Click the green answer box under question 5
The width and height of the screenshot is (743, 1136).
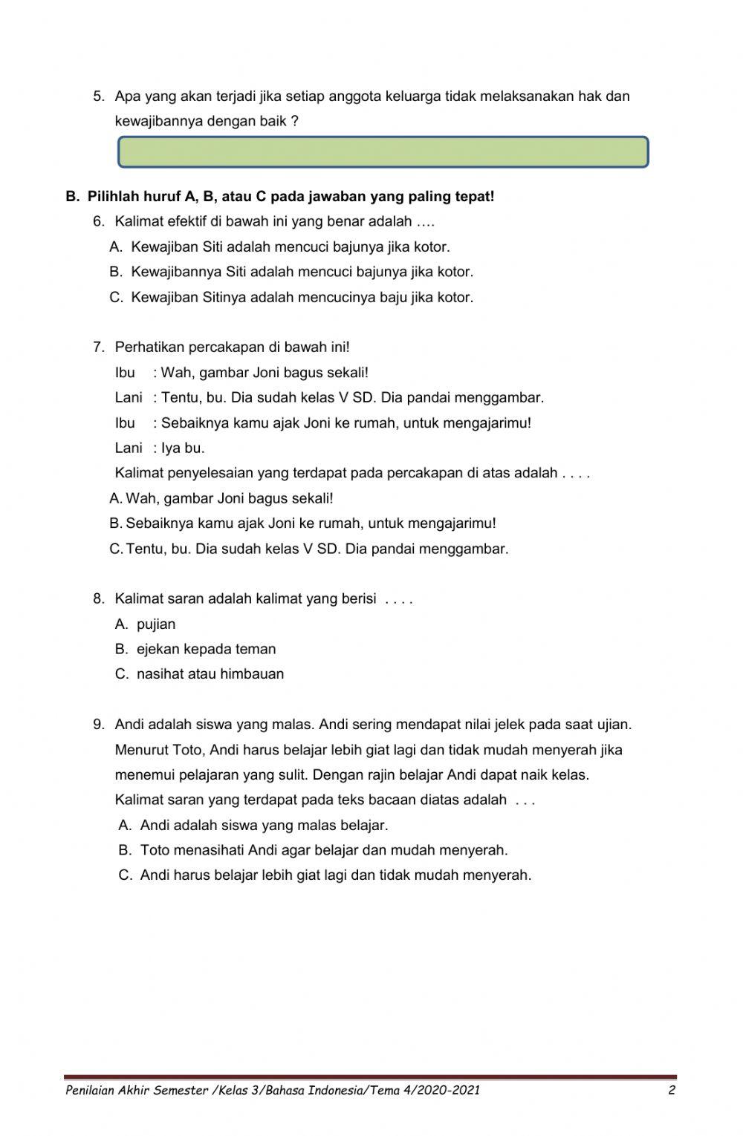[383, 151]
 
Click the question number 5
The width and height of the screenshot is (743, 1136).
[98, 96]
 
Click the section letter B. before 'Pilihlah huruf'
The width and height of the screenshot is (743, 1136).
[72, 197]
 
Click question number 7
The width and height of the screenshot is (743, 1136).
[98, 347]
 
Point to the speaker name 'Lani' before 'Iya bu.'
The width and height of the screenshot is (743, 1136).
[129, 448]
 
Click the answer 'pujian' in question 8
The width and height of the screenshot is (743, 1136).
[156, 624]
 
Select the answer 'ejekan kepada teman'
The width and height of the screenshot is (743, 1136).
[206, 649]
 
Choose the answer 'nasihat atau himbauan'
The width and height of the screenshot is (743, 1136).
[210, 674]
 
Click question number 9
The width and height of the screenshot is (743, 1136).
[98, 724]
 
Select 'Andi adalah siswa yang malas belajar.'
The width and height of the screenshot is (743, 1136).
[264, 825]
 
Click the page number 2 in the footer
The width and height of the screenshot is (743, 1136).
[671, 1091]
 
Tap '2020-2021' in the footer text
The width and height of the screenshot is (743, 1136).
[450, 1091]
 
